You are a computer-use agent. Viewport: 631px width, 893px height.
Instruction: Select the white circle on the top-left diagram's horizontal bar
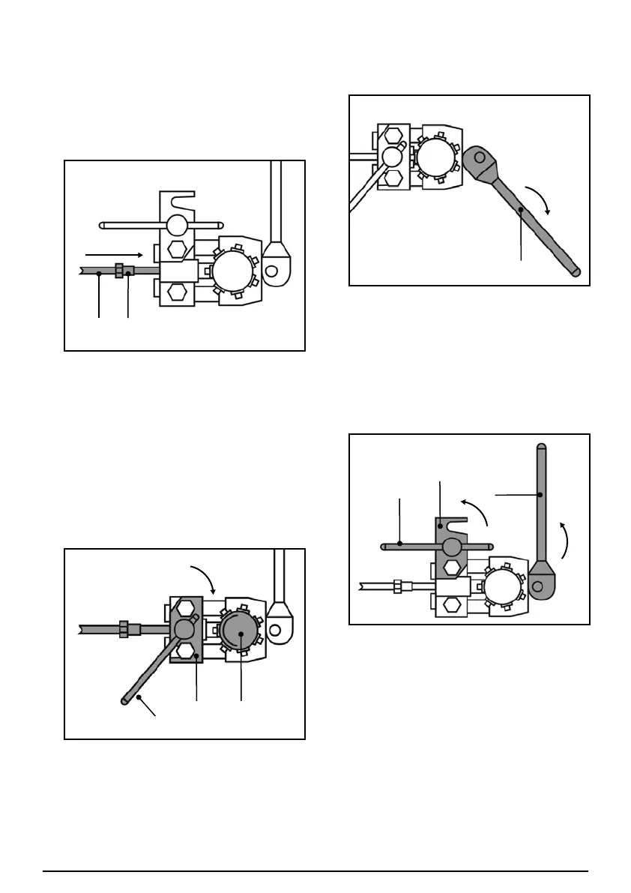click(x=177, y=225)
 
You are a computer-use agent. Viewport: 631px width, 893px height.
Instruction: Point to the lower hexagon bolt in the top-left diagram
click(x=175, y=290)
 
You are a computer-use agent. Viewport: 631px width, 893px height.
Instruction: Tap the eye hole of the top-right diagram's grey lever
click(x=479, y=157)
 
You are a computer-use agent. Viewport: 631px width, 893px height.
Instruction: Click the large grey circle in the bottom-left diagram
click(x=239, y=634)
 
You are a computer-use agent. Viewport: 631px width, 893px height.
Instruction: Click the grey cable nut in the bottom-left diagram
click(x=126, y=628)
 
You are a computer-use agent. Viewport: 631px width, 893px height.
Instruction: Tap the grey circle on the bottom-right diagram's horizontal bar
click(x=451, y=546)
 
